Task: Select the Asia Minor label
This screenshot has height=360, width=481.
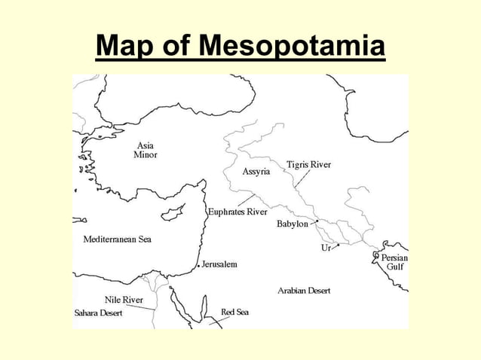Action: [x=146, y=149]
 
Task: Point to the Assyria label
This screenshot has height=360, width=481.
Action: [x=256, y=172]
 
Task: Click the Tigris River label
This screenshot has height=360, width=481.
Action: [x=308, y=164]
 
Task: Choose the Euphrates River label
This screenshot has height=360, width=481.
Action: [x=238, y=212]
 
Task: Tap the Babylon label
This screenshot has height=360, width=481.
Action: [x=292, y=224]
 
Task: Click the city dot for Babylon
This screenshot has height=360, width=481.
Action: [x=317, y=221]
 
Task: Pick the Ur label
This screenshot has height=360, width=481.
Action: [x=326, y=247]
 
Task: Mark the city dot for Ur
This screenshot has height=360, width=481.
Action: [x=339, y=245]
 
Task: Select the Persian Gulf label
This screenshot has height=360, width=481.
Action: [x=394, y=262]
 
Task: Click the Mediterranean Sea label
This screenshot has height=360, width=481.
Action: [x=117, y=239]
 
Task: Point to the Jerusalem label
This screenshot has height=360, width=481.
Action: [x=219, y=264]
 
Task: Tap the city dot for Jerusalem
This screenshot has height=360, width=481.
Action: [x=198, y=266]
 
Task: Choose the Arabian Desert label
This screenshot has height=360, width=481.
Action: [x=303, y=290]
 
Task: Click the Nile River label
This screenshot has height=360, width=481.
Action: [x=124, y=300]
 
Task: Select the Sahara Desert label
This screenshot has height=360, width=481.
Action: [x=98, y=313]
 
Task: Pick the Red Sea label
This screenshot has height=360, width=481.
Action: [x=234, y=312]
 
